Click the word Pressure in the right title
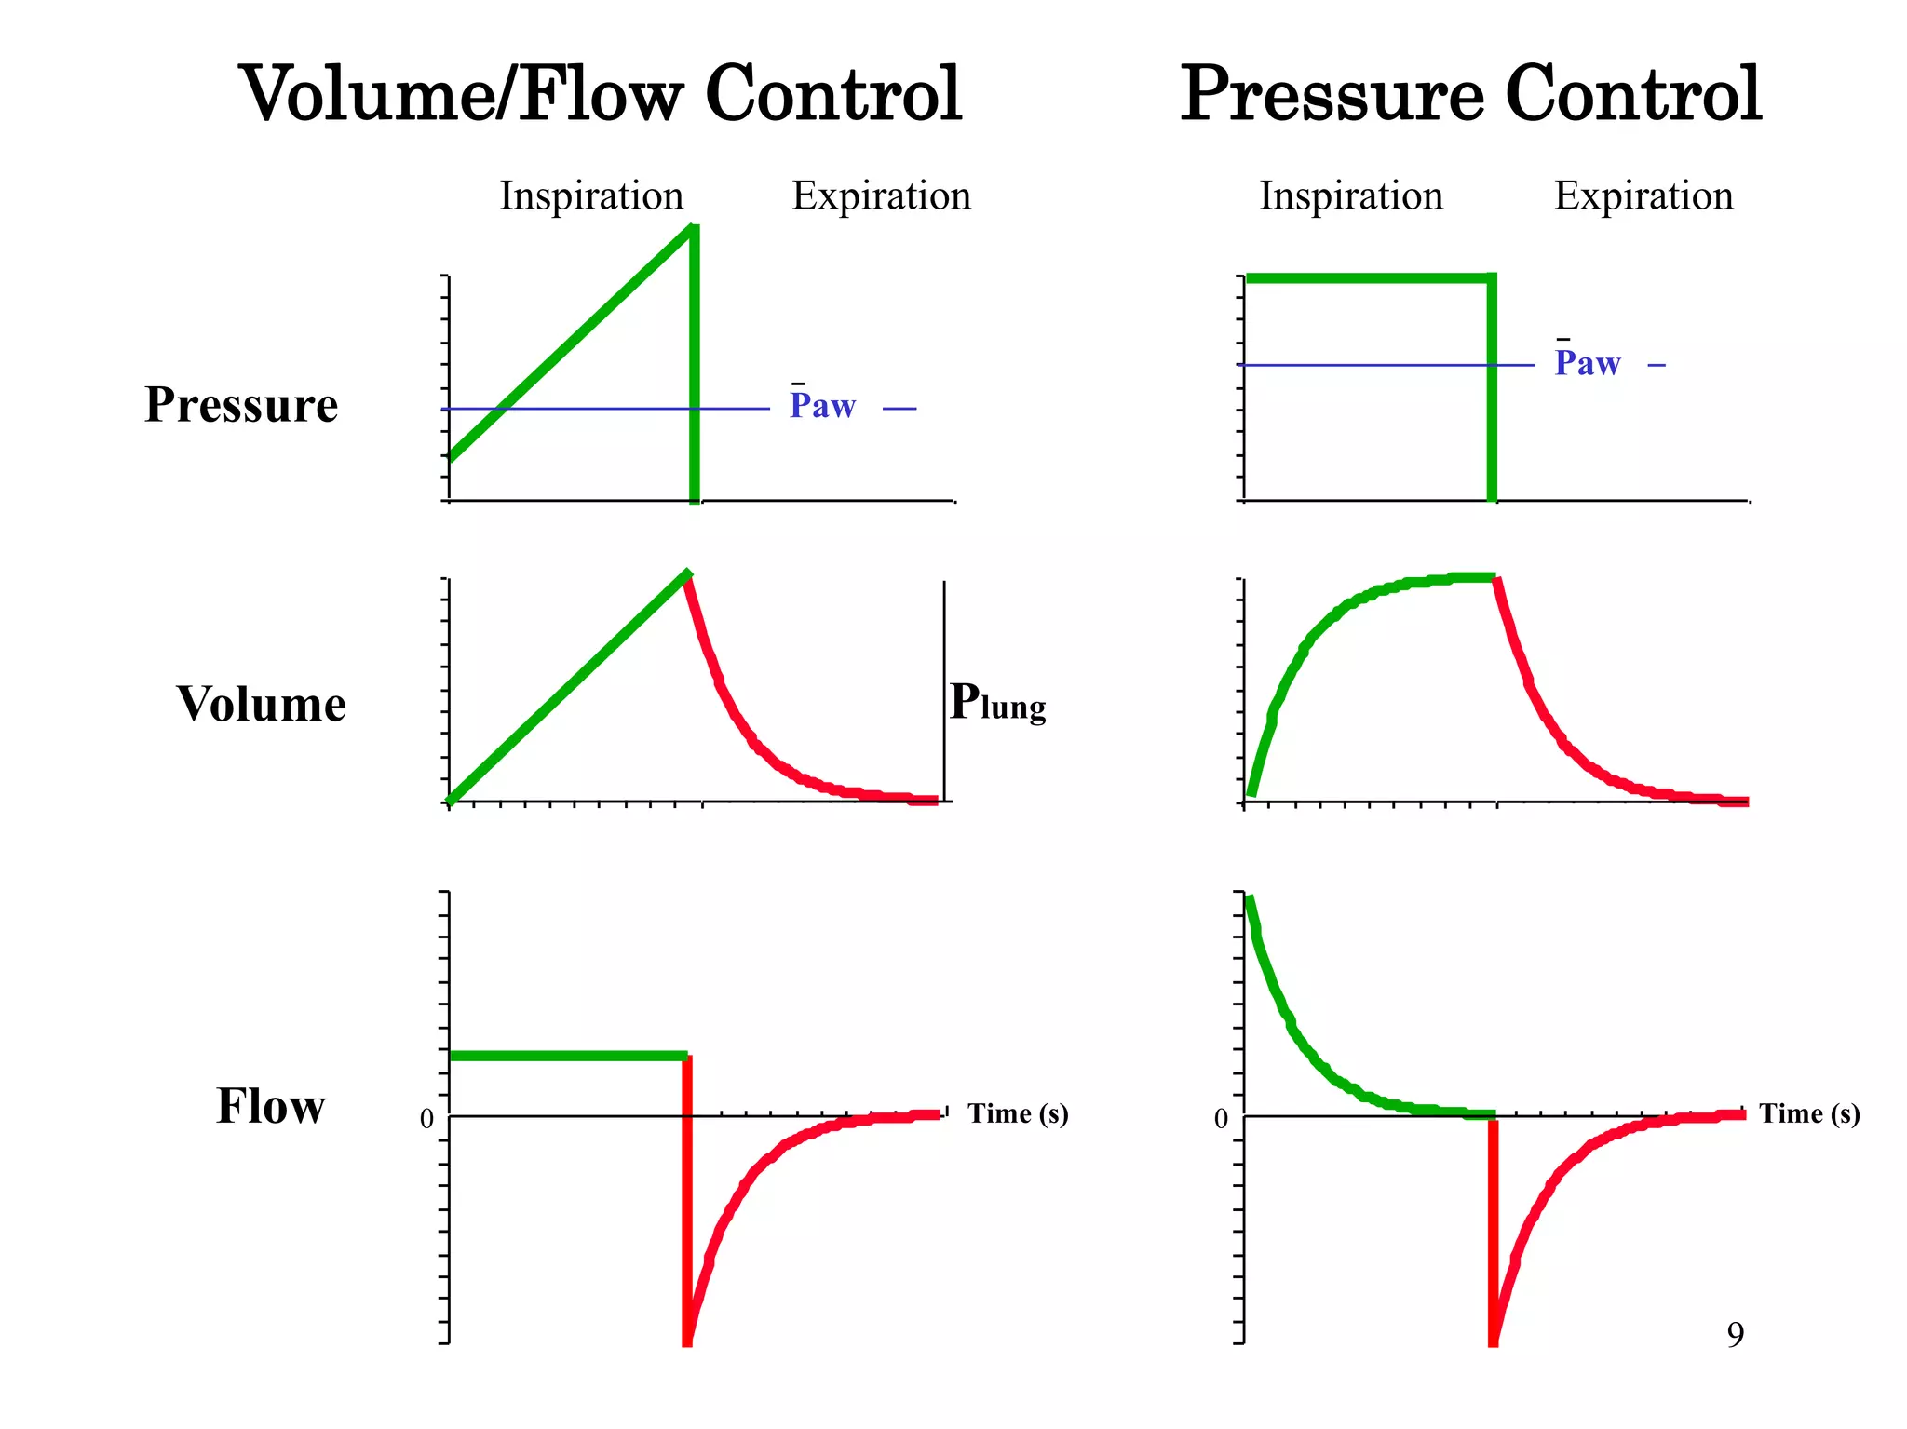(1332, 95)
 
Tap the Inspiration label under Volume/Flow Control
(591, 196)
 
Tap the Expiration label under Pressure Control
(1643, 196)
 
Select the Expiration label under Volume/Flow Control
(881, 196)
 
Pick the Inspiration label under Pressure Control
(1351, 196)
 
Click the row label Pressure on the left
(241, 405)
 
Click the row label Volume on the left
(262, 704)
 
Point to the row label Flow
(271, 1106)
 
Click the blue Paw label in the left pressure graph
(822, 406)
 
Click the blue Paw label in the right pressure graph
(1588, 363)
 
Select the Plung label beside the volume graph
(997, 703)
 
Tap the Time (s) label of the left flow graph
(1018, 1113)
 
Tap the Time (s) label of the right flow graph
(1809, 1113)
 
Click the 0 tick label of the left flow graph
(426, 1119)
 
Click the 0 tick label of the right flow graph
(1221, 1119)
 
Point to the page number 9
(1735, 1335)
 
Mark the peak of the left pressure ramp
(691, 229)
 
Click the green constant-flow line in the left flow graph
(568, 1056)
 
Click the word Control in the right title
(1633, 95)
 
